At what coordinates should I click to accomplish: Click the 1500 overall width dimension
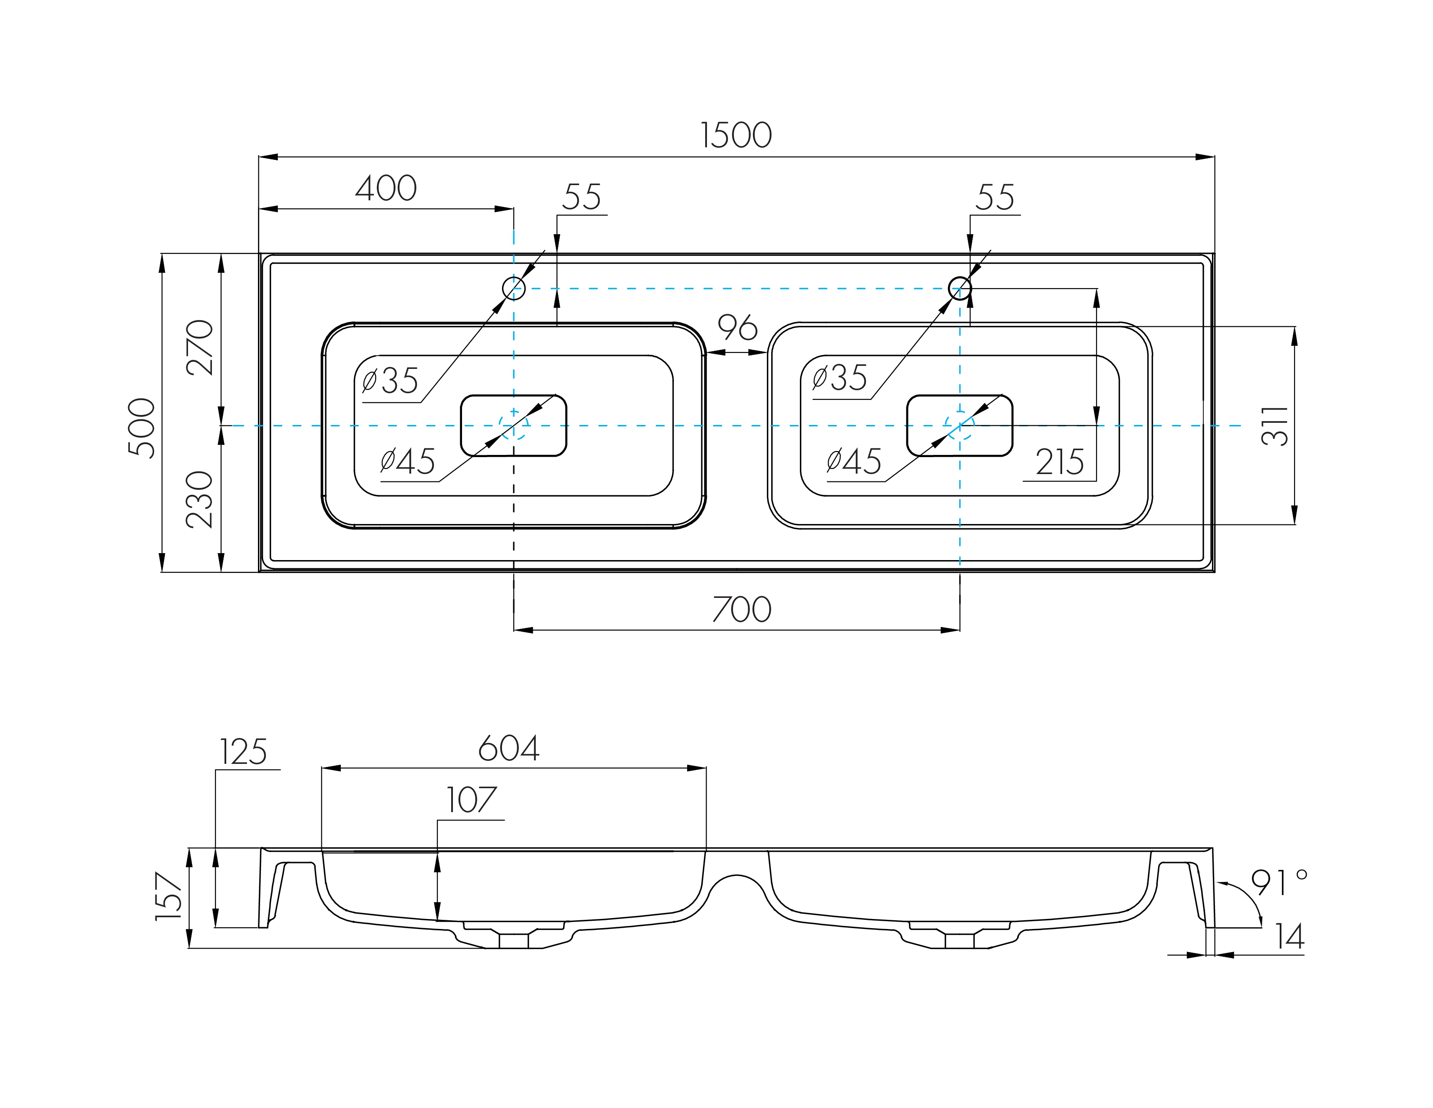(x=736, y=135)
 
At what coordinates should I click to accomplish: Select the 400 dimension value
(x=386, y=189)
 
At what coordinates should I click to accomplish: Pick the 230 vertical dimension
(x=199, y=500)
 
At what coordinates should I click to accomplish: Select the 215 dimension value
(x=1059, y=462)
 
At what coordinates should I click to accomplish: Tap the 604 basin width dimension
(x=508, y=748)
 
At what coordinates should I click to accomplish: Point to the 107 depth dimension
(x=471, y=800)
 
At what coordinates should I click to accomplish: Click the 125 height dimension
(x=243, y=752)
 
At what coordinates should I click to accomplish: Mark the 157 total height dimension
(x=168, y=896)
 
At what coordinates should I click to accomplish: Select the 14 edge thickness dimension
(x=1289, y=937)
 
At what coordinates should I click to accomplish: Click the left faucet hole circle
(x=514, y=288)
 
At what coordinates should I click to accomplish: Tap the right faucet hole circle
(x=960, y=288)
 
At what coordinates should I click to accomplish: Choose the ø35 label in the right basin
(x=839, y=378)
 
